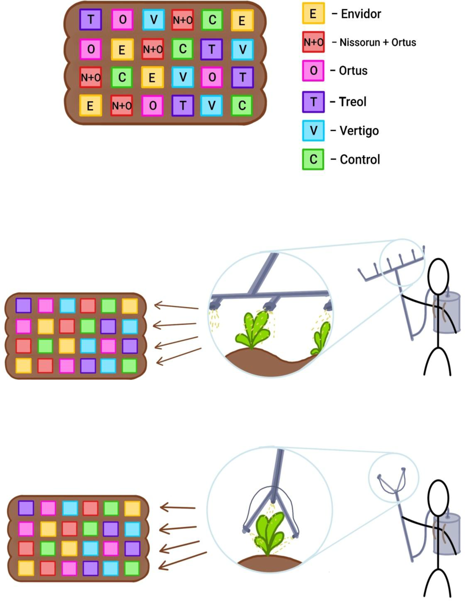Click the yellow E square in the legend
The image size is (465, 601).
pyautogui.click(x=313, y=14)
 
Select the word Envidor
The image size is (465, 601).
pyautogui.click(x=361, y=14)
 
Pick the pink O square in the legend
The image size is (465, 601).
pyautogui.click(x=313, y=71)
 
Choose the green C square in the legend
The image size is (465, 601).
pyautogui.click(x=313, y=159)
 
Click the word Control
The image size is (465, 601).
pyautogui.click(x=360, y=160)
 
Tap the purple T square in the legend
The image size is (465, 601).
pyautogui.click(x=313, y=102)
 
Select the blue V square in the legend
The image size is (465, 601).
pyautogui.click(x=313, y=131)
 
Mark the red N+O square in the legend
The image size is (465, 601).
pyautogui.click(x=313, y=42)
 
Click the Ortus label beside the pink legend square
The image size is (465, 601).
pyautogui.click(x=353, y=71)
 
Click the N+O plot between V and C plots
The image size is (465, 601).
pyautogui.click(x=182, y=20)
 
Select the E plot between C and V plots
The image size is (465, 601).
pyautogui.click(x=152, y=77)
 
